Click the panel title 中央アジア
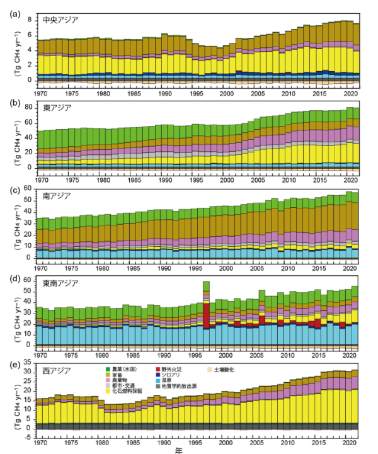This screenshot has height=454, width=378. coord(60,20)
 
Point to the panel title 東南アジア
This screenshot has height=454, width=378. coord(60,283)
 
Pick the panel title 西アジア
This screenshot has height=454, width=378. coord(57,369)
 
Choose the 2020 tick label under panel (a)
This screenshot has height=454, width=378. coord(347,92)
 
